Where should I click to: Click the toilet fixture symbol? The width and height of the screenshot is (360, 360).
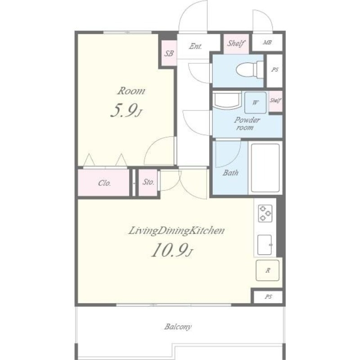point(250,70)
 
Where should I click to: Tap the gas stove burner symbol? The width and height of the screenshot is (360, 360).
point(265,213)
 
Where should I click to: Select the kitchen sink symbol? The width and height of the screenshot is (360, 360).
point(265,245)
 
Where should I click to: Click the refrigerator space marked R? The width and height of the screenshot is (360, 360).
point(268,270)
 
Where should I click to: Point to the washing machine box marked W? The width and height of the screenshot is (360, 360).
point(255,103)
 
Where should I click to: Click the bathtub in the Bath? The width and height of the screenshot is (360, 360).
point(265,168)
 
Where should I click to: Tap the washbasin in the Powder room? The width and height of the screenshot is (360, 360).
point(227,100)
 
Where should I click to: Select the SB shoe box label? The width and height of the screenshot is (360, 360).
point(169,54)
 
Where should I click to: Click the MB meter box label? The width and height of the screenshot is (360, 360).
point(267,42)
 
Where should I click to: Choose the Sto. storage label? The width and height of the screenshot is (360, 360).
point(148,182)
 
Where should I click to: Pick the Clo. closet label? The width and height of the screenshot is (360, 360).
point(104,183)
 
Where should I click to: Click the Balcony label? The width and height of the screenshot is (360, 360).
point(178,327)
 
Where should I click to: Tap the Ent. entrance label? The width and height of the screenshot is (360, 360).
point(195,46)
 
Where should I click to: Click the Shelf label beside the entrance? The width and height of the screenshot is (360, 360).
point(236,43)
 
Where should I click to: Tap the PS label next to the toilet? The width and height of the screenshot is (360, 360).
point(275,69)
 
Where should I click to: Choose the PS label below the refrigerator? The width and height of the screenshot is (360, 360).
point(268,297)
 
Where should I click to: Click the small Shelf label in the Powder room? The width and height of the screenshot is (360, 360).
point(275,100)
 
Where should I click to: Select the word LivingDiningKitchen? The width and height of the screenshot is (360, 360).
point(176,231)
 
